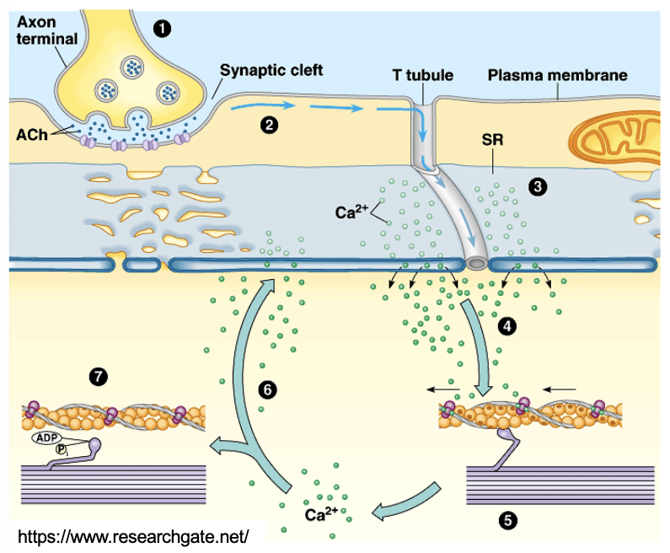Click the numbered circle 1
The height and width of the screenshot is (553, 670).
click(161, 28)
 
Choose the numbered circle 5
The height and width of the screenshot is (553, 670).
click(507, 520)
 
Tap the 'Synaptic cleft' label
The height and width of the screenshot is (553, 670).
click(271, 71)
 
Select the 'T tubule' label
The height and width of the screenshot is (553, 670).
click(422, 76)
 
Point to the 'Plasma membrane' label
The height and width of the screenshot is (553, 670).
click(558, 76)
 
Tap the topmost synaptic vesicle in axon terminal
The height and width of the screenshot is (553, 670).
click(132, 65)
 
